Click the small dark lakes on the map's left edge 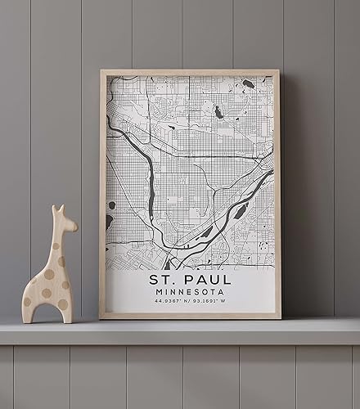click(x=110, y=220)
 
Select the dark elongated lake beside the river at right click(x=241, y=211)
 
